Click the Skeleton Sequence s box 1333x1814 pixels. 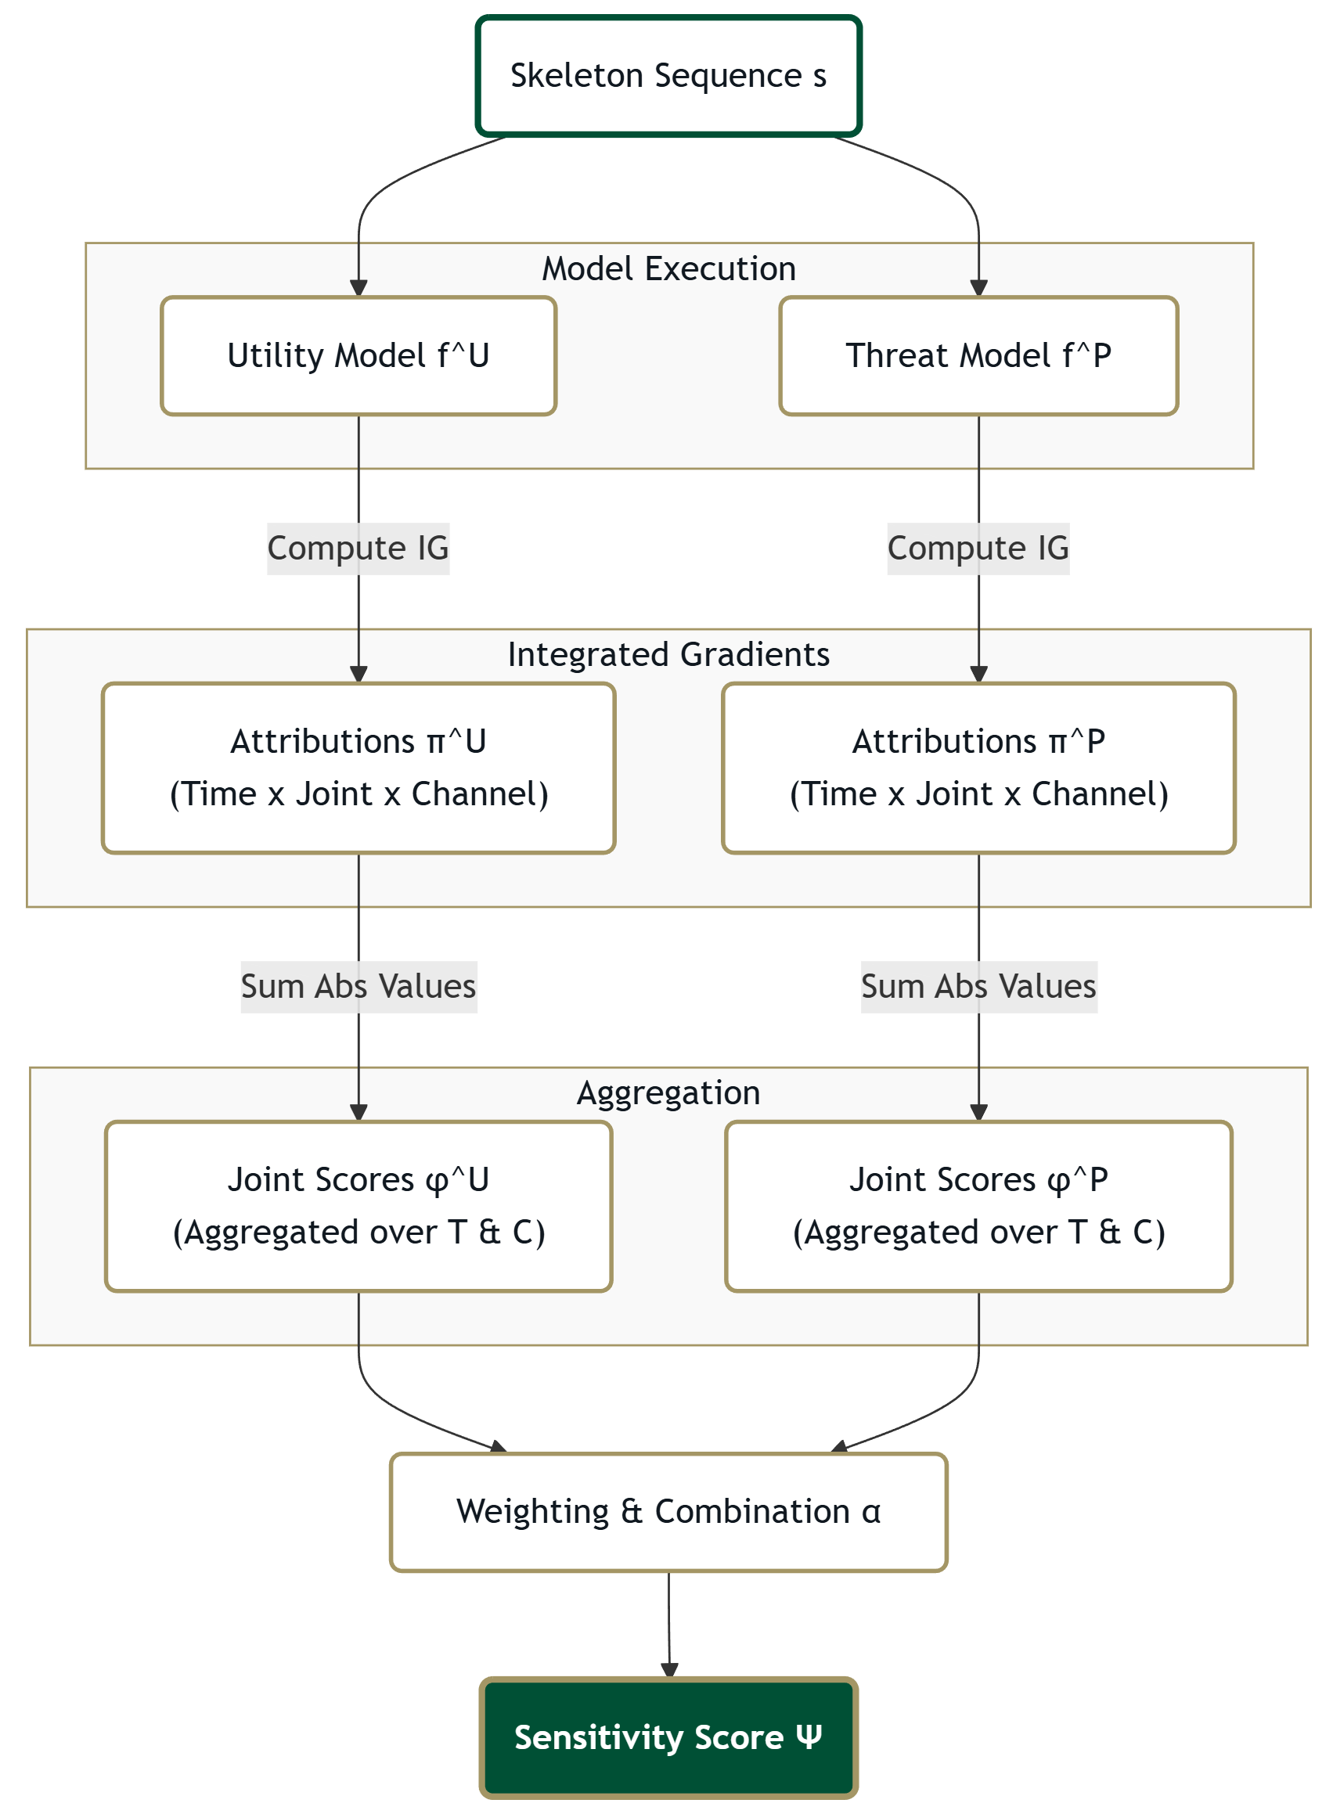(668, 76)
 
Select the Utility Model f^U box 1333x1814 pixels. (358, 356)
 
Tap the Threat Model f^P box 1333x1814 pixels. (978, 356)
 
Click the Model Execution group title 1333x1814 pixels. (668, 268)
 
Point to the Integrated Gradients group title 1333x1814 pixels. (668, 654)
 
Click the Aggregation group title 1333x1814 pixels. (668, 1093)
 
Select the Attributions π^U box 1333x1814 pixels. (358, 768)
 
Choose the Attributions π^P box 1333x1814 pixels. (978, 768)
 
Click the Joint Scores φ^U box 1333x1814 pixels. (358, 1206)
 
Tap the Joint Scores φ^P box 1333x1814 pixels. (978, 1206)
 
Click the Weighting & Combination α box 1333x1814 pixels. (668, 1511)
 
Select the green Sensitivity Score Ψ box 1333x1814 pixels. (668, 1737)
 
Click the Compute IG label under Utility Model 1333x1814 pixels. (358, 549)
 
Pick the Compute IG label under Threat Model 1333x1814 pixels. (978, 549)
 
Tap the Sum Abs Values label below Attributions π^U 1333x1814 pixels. (358, 987)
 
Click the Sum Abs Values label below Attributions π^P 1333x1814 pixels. (978, 987)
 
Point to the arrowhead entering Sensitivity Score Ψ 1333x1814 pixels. (669, 1671)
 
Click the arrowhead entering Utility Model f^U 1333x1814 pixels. (358, 289)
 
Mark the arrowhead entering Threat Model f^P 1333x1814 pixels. (978, 289)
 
